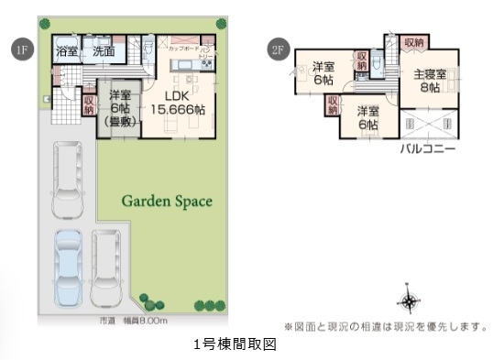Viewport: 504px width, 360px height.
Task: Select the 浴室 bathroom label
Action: coord(66,52)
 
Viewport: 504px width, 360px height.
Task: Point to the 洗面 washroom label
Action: coord(104,52)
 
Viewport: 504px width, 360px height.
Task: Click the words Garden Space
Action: coord(167,201)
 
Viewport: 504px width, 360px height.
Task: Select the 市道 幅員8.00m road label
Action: coord(133,321)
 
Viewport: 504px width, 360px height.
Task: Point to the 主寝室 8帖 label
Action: coord(428,81)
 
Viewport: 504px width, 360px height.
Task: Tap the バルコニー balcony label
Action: coord(427,147)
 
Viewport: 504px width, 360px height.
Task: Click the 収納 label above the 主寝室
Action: coord(413,42)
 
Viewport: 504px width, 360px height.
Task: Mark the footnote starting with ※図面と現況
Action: coord(385,325)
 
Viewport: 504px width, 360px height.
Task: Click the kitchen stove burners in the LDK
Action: coord(207,63)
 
